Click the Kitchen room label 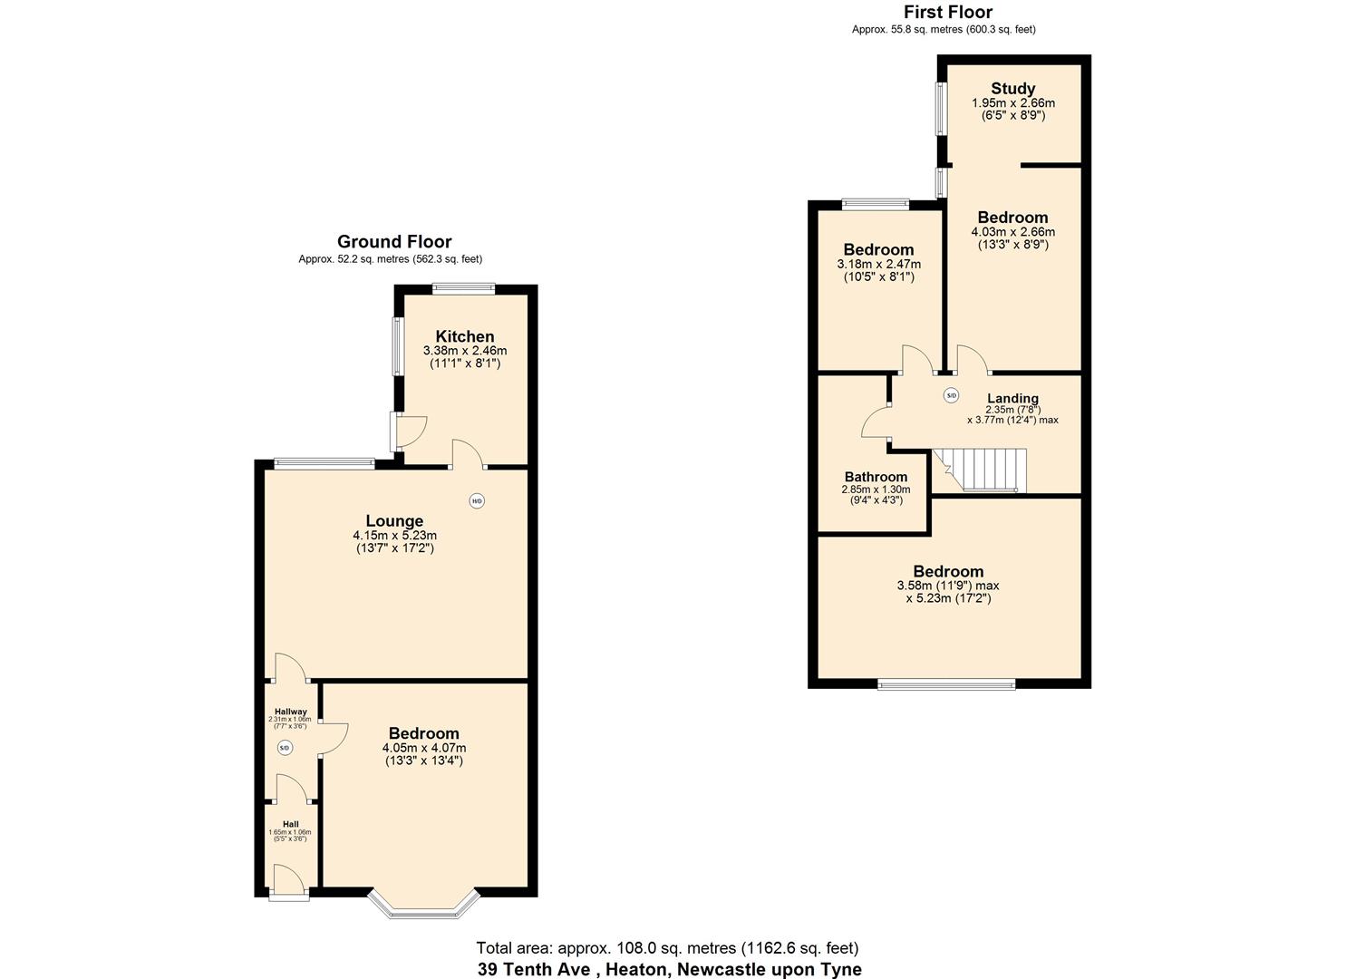464,336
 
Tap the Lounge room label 394,521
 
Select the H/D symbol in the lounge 477,500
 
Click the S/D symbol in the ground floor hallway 285,748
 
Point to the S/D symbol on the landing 951,395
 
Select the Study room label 1012,88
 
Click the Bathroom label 876,477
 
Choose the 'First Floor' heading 947,12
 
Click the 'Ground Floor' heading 394,241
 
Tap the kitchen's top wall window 463,289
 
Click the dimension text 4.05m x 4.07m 423,748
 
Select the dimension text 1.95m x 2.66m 1012,103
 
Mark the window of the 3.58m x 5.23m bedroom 945,684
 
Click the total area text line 667,948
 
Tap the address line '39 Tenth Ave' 669,969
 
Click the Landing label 1012,399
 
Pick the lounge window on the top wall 324,463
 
